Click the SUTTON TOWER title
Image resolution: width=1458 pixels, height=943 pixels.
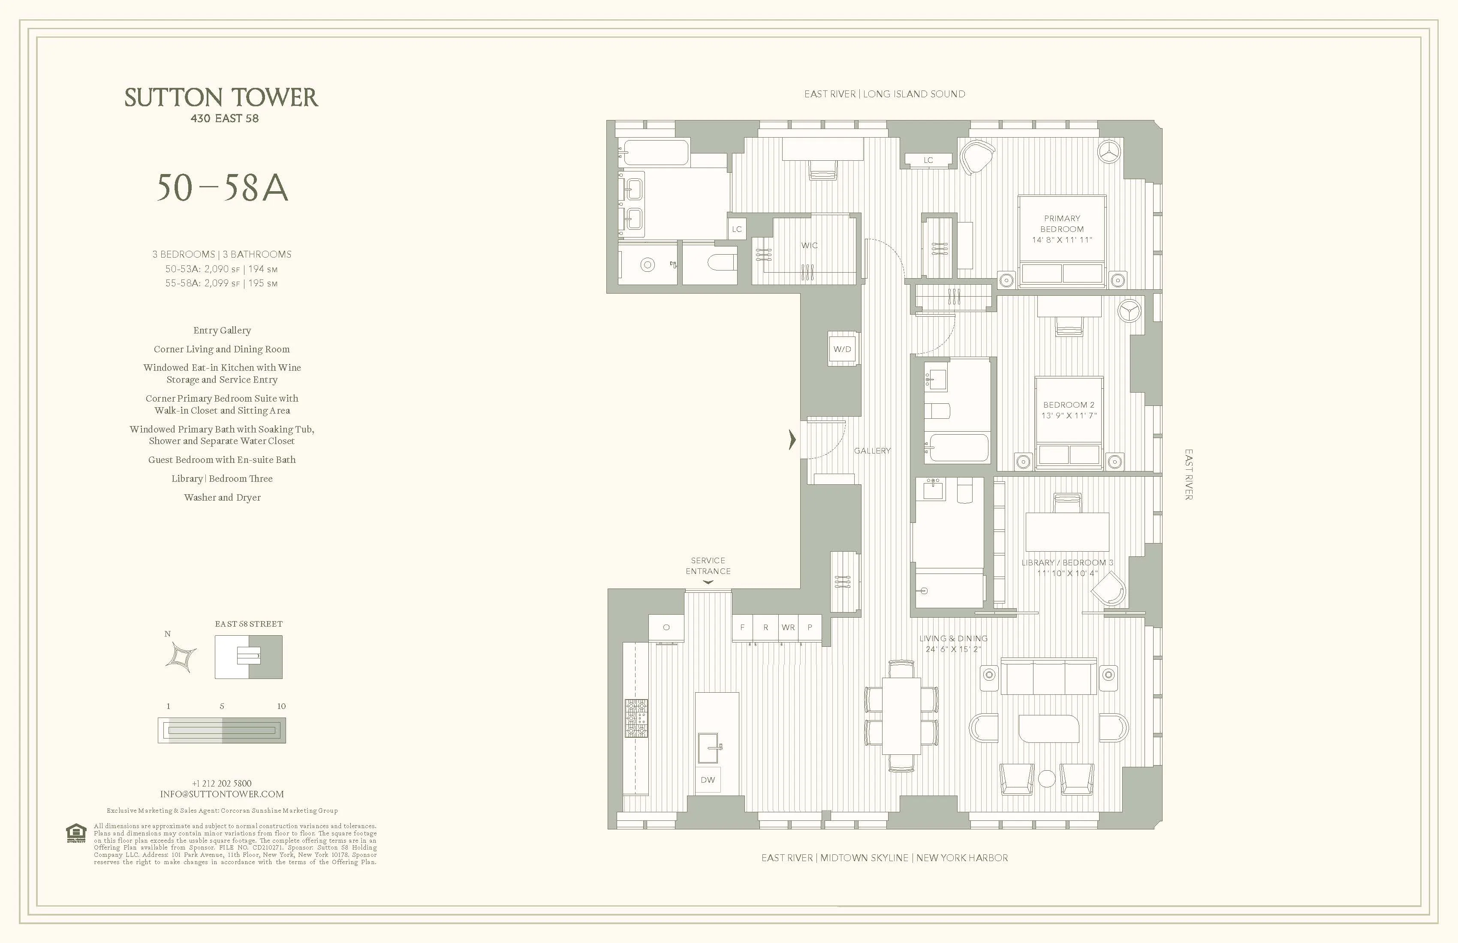pyautogui.click(x=221, y=98)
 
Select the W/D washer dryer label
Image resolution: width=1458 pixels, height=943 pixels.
pyautogui.click(x=842, y=349)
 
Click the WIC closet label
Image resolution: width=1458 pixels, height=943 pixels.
pyautogui.click(x=809, y=246)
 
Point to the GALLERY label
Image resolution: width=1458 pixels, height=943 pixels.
pyautogui.click(x=872, y=450)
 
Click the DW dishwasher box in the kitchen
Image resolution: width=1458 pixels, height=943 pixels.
pyautogui.click(x=708, y=780)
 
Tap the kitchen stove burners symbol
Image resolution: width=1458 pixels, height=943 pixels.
pyautogui.click(x=636, y=718)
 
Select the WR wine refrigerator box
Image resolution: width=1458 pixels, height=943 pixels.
pyautogui.click(x=789, y=628)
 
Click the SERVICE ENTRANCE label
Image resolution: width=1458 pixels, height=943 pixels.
pyautogui.click(x=708, y=566)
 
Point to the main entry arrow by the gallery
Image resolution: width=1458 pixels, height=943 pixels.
pyautogui.click(x=792, y=440)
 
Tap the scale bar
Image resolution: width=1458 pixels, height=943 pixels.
pyautogui.click(x=222, y=730)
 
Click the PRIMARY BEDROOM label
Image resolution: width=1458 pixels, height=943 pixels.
pyautogui.click(x=1062, y=223)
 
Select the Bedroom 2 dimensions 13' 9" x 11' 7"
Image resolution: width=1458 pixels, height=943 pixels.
pyautogui.click(x=1069, y=416)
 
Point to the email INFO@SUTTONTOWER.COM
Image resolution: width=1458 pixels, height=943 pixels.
pyautogui.click(x=222, y=794)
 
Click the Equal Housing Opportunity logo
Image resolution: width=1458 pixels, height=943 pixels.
pyautogui.click(x=76, y=833)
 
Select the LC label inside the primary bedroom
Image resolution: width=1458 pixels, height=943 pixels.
pyautogui.click(x=928, y=160)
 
